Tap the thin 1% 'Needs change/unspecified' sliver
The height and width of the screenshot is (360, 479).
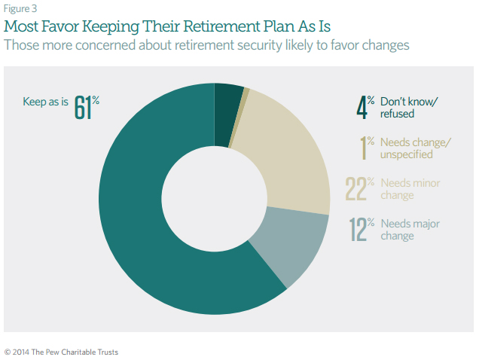[x=239, y=117]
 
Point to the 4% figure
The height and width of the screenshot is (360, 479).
[x=365, y=107]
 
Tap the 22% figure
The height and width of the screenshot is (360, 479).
[x=360, y=188]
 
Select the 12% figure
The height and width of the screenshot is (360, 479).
[x=362, y=229]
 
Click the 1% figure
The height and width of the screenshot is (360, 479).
[x=367, y=148]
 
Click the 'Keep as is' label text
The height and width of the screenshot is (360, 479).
[x=45, y=102]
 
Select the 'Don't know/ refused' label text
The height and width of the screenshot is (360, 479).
[x=409, y=108]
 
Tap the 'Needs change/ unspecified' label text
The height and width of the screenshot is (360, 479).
[x=416, y=148]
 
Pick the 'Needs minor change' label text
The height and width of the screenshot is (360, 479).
[x=410, y=189]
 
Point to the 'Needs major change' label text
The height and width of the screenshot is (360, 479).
[x=410, y=230]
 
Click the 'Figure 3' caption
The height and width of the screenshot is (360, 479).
[x=20, y=8]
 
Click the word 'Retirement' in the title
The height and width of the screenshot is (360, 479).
[x=221, y=26]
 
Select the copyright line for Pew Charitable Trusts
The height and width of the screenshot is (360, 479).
[x=61, y=352]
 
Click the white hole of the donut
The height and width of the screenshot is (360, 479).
[x=215, y=199]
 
